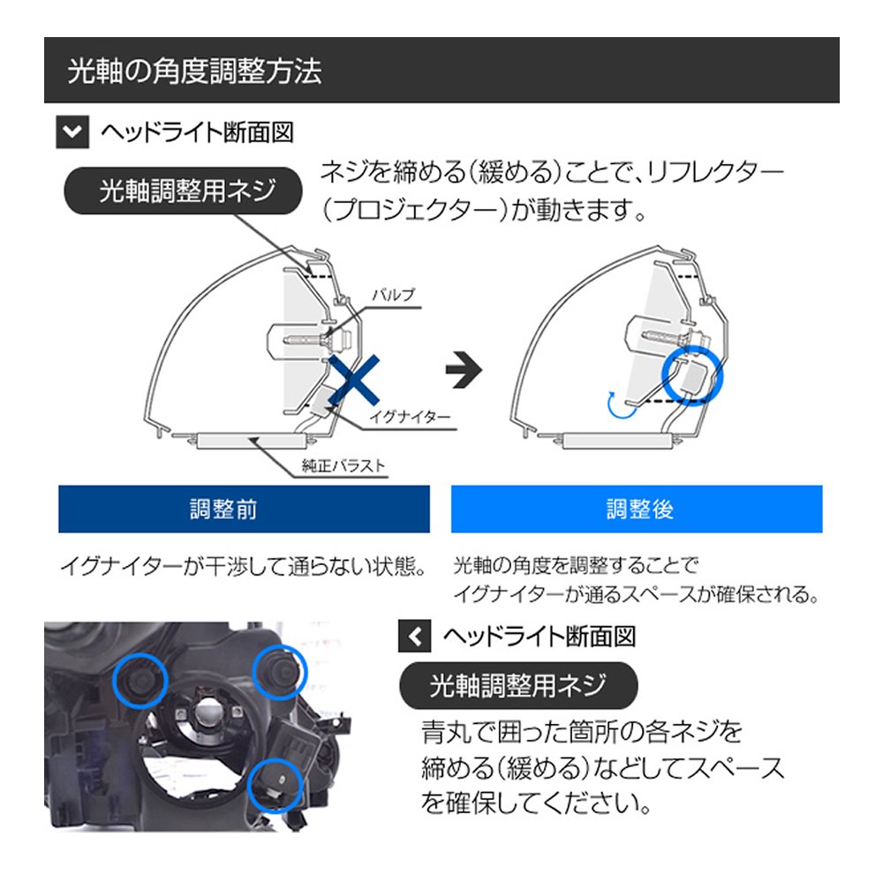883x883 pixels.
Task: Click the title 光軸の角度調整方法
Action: [x=194, y=72]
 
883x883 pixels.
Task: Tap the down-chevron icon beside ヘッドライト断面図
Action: [x=72, y=132]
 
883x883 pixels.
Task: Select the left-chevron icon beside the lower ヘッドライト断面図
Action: [x=414, y=637]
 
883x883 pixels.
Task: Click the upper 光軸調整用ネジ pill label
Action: [x=184, y=191]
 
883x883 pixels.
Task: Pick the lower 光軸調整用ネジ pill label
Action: [x=518, y=685]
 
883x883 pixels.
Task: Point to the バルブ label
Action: [x=394, y=295]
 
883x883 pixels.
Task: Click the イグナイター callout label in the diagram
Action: [x=410, y=418]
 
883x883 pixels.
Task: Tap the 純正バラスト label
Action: [x=343, y=465]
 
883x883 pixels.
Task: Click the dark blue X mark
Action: [x=354, y=380]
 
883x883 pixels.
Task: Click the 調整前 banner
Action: [x=244, y=509]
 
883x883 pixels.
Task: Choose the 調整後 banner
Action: [x=637, y=509]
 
